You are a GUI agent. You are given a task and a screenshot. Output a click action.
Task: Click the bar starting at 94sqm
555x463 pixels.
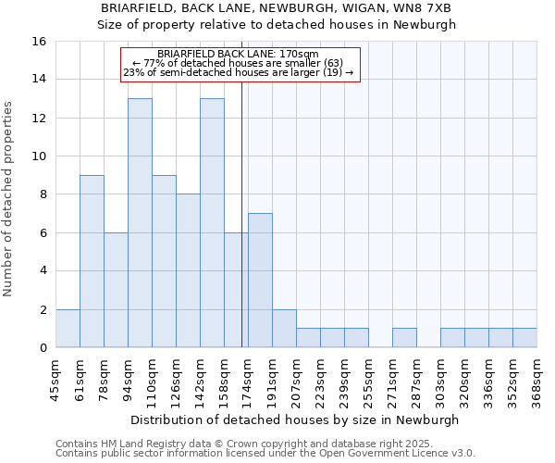140,223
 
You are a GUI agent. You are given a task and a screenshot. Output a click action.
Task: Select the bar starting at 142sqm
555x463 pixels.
212,223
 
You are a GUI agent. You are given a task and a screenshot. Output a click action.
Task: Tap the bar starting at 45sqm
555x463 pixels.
68,329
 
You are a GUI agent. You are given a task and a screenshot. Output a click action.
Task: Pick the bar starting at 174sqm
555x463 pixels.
260,281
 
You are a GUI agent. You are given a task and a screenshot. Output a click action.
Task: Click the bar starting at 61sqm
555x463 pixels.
92,261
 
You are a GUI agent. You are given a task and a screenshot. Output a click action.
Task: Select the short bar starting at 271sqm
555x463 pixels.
404,338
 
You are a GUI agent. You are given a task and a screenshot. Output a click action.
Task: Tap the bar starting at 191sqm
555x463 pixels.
284,329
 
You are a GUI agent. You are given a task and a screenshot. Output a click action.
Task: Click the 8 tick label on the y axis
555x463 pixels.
43,194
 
